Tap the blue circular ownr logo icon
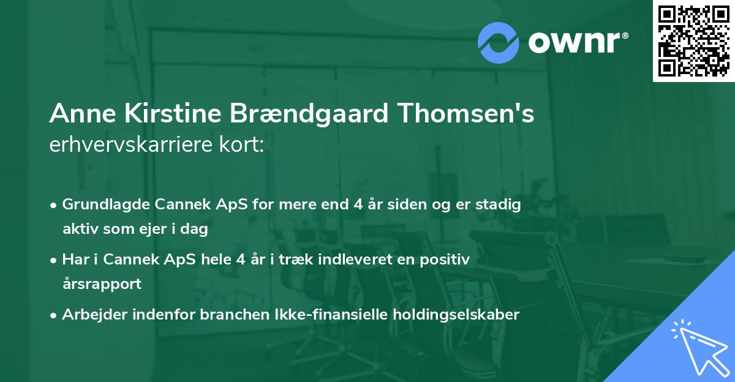tap(499, 43)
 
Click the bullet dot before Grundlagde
tap(55, 205)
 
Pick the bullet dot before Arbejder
tap(55, 315)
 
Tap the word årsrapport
tap(102, 283)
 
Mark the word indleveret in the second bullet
tap(363, 260)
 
